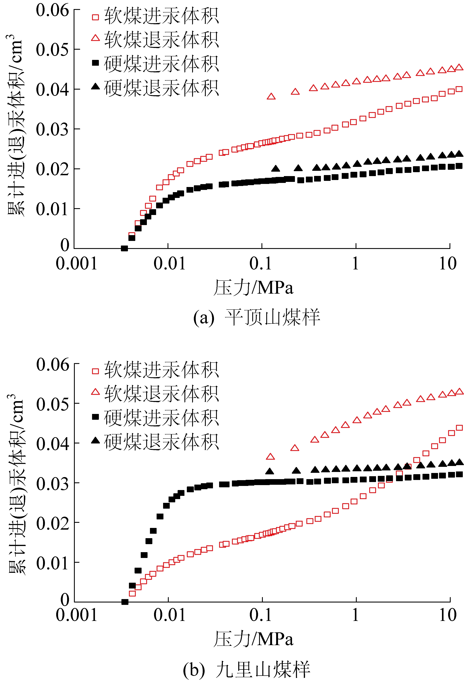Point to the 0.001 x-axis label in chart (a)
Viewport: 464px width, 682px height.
[76, 263]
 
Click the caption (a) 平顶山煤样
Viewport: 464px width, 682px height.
[256, 318]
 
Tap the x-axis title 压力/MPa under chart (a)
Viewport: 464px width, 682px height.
[253, 287]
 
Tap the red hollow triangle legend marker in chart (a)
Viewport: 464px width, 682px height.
[95, 38]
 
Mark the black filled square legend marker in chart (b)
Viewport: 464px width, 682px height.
[95, 417]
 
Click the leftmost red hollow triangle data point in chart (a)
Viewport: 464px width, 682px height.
[271, 97]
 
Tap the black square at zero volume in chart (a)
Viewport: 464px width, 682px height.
[124, 248]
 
